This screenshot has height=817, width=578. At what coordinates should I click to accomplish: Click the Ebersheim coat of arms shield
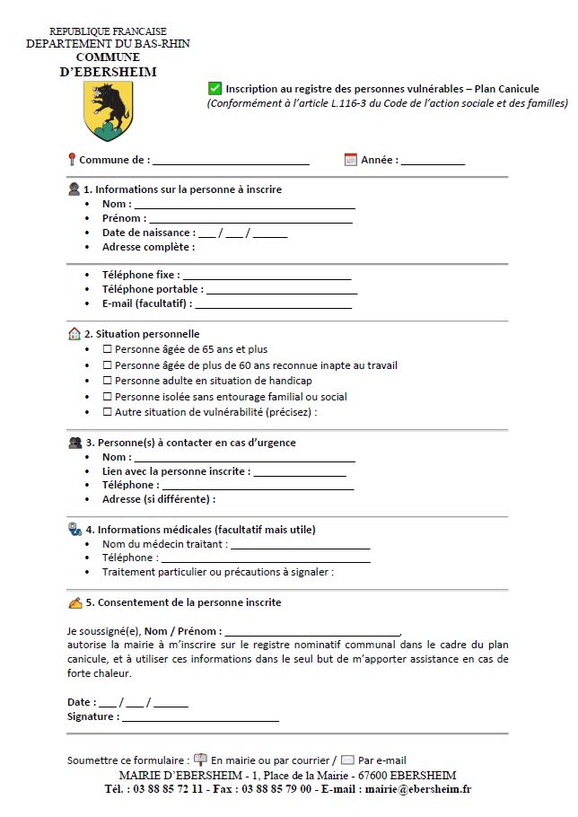(x=108, y=110)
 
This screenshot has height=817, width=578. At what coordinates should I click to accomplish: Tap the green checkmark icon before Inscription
(x=215, y=88)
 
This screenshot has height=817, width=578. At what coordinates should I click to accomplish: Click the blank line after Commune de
(x=231, y=163)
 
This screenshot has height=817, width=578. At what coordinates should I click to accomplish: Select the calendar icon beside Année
(x=351, y=160)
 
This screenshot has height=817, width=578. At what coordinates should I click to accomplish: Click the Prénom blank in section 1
(x=250, y=220)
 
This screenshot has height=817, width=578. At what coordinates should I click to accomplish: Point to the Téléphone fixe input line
(x=267, y=277)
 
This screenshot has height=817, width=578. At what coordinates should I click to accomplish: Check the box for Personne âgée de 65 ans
(x=108, y=349)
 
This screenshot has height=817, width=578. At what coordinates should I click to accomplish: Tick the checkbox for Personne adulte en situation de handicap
(x=108, y=381)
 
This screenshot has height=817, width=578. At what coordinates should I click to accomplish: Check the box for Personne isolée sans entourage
(x=108, y=397)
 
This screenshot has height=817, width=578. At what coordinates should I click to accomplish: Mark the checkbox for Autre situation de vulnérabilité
(x=108, y=412)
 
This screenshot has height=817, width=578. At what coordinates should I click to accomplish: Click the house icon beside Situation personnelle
(x=74, y=334)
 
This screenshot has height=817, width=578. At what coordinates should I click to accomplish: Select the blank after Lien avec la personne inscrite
(x=300, y=473)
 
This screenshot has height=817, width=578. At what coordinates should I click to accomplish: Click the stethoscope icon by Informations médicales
(x=74, y=529)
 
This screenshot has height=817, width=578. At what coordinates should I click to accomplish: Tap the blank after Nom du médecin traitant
(x=301, y=546)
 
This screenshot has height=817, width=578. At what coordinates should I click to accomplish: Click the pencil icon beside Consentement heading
(x=74, y=602)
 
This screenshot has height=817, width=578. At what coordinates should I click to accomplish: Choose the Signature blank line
(x=200, y=719)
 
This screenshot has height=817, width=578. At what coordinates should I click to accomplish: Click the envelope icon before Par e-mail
(x=348, y=760)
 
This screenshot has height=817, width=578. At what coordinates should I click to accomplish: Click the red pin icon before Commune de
(x=72, y=160)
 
